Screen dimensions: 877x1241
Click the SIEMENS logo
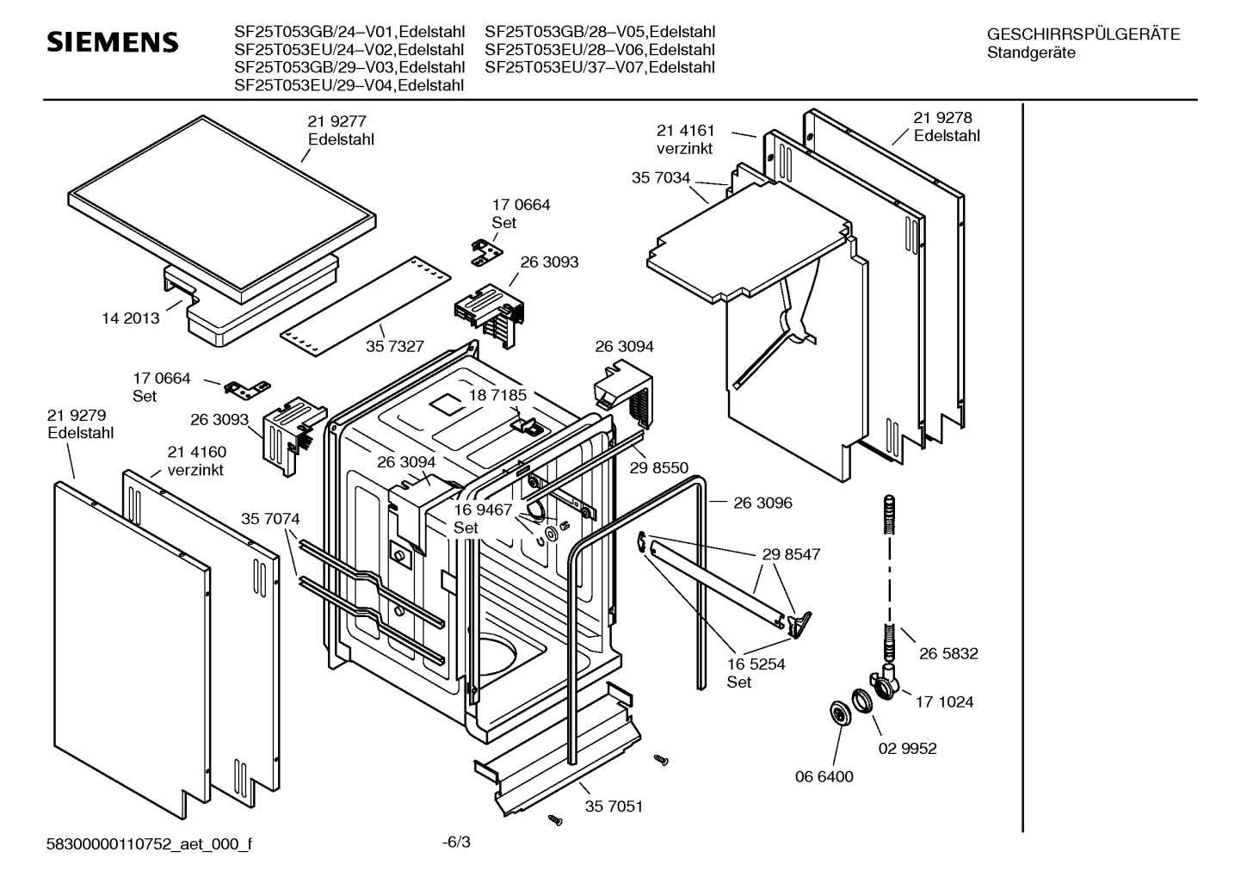point(112,42)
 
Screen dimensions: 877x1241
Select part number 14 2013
point(131,318)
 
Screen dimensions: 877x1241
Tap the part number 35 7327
point(395,346)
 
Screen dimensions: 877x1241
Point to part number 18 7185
point(497,395)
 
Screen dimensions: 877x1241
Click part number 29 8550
point(659,467)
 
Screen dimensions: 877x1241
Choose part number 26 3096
point(763,503)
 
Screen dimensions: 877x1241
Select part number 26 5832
point(948,653)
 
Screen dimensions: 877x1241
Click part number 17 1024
point(944,701)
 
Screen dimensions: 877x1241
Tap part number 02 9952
point(907,748)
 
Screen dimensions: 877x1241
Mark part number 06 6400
point(824,776)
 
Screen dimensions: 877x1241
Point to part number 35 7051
point(614,806)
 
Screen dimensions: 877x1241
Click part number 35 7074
point(270,519)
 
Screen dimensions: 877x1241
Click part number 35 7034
point(660,177)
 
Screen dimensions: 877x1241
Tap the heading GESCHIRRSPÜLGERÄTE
point(1083,34)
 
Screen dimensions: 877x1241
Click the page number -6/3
point(456,842)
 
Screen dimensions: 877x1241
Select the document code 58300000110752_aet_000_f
point(149,844)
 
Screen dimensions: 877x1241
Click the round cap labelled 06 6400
point(836,713)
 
